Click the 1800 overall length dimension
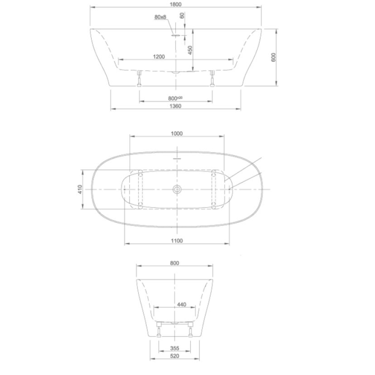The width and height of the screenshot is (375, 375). [176, 4]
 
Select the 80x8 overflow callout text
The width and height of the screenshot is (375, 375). [160, 17]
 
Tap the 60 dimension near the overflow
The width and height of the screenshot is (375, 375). [182, 16]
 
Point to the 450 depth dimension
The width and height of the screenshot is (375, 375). [190, 50]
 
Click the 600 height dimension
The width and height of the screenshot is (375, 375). [273, 57]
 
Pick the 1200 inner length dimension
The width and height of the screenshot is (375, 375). [159, 57]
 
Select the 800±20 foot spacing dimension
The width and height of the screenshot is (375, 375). [175, 98]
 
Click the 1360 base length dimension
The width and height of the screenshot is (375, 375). [176, 106]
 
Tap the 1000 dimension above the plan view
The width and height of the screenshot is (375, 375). [177, 133]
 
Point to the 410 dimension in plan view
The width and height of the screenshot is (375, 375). [80, 189]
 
